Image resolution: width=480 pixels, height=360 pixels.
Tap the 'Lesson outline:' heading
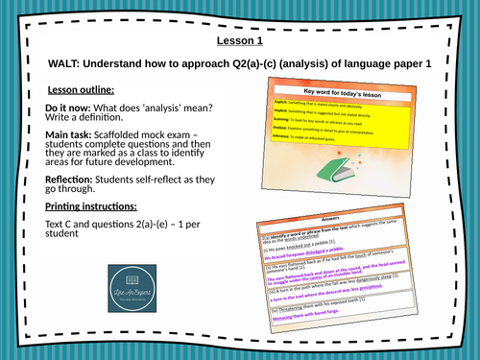(x=83, y=89)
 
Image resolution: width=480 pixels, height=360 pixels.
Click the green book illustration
(x=329, y=197)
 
